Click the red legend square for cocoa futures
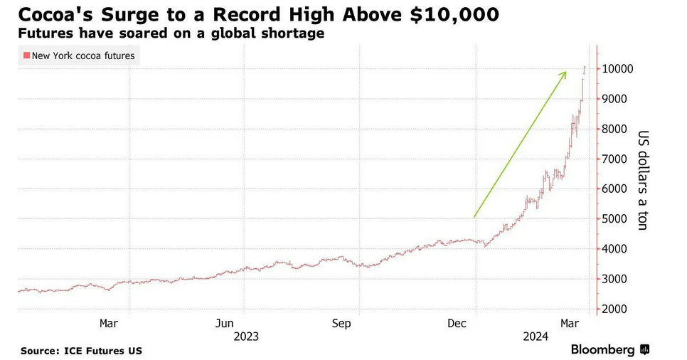[26, 55]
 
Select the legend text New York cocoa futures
[83, 55]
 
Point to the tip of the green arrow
[566, 71]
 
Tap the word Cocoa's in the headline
[53, 14]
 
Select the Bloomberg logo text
[602, 349]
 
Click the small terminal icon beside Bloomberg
[644, 349]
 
